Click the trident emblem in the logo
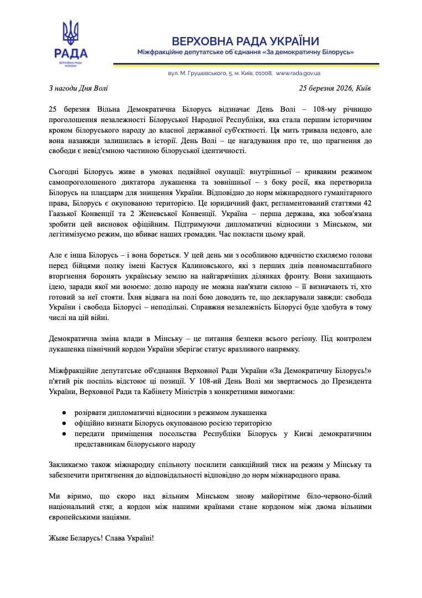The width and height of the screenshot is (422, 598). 71,33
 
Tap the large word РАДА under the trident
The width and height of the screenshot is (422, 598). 71,53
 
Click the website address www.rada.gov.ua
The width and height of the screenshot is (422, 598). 298,73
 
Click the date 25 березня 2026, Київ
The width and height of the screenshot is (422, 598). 335,88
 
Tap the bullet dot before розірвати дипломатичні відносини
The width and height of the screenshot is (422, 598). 65,413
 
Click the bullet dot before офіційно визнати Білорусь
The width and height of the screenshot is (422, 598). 65,423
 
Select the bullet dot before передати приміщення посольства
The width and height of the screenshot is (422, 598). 65,434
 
